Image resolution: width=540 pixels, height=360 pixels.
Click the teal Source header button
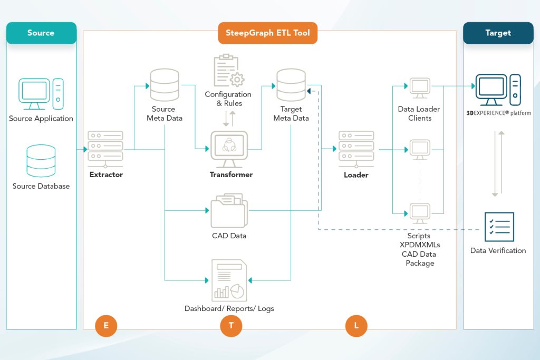pos(41,33)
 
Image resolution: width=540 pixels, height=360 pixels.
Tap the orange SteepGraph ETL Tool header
pos(268,33)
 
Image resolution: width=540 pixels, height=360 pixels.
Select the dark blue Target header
pos(498,33)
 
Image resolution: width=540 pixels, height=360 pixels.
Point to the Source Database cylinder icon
pos(41,161)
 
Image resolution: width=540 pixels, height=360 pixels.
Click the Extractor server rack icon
pos(105,149)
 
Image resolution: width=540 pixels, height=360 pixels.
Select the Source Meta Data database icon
pos(165,84)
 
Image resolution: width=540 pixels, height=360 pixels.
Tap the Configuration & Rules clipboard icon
pos(228,71)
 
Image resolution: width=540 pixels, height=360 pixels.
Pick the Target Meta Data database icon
pos(291,84)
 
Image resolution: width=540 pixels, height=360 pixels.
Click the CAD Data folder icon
pos(228,210)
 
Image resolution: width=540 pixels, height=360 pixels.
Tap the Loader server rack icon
pos(356,149)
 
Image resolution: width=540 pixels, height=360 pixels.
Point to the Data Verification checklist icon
pos(498,227)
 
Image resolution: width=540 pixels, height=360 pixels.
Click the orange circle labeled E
pos(106,326)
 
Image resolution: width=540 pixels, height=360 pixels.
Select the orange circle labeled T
pos(231,326)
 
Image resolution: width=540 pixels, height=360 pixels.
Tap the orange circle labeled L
pos(356,326)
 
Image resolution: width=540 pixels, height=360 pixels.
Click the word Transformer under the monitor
pos(231,174)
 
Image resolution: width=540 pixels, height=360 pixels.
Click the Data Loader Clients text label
pos(419,113)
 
